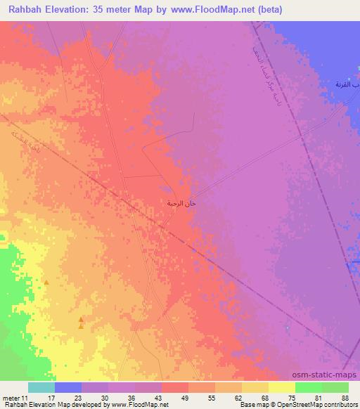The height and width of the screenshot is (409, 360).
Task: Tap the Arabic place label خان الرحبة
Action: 180,203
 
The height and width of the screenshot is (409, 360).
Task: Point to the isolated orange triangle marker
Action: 46,283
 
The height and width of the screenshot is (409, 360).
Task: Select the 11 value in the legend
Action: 27,398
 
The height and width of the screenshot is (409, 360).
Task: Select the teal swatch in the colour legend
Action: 41,387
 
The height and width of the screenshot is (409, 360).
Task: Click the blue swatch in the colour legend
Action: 67,387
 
